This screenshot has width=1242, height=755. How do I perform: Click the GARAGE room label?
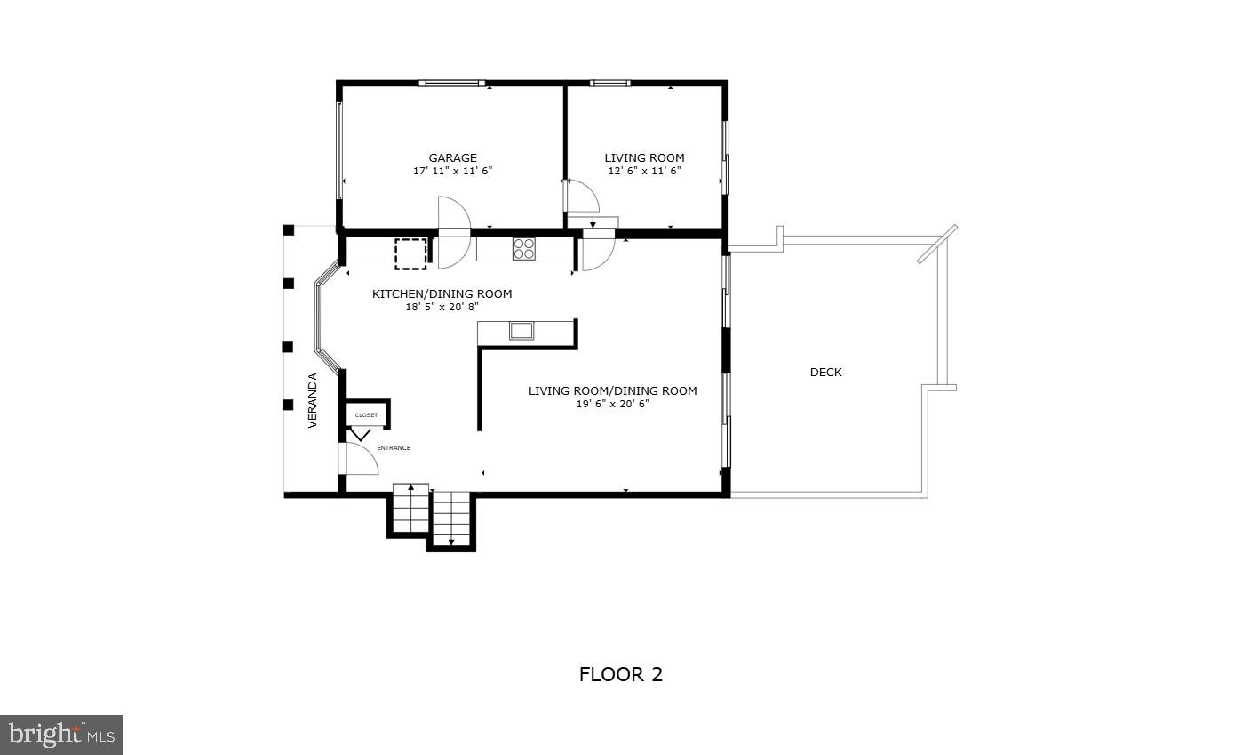point(452,158)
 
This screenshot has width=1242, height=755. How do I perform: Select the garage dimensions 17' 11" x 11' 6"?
point(452,171)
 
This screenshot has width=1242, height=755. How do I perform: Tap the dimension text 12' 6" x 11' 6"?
point(644,171)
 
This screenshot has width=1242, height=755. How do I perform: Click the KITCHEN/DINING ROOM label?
point(442,294)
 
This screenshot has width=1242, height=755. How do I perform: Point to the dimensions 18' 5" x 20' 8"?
point(442,307)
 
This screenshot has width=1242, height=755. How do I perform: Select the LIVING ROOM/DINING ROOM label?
point(612,391)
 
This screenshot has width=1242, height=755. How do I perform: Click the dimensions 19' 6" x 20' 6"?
point(612,404)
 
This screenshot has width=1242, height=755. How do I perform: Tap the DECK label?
point(825,373)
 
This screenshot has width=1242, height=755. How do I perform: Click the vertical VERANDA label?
point(313,400)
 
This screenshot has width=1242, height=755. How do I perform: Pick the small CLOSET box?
point(367,415)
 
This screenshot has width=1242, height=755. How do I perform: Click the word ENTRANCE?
point(394,448)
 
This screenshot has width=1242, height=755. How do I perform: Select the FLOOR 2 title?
point(620,674)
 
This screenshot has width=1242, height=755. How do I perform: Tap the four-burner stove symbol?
point(523,248)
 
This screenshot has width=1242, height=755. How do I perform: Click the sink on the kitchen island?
point(521,331)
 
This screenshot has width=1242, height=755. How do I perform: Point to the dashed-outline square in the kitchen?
point(410,253)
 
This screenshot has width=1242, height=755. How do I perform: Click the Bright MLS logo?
point(61,735)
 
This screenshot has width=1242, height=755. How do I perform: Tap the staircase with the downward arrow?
point(451,519)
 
